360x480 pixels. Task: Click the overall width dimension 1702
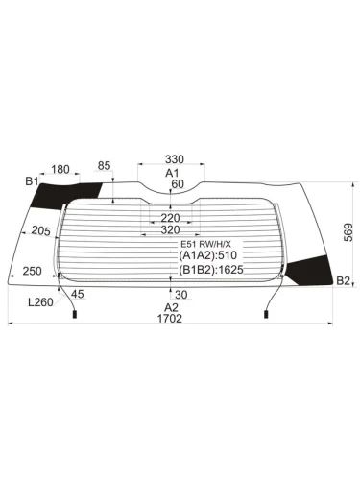click(173, 321)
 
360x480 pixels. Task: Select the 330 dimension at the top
click(173, 159)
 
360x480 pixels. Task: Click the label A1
click(173, 173)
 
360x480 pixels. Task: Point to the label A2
click(172, 307)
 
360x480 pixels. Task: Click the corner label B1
click(31, 180)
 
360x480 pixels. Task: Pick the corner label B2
click(343, 280)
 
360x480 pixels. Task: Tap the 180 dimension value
click(60, 170)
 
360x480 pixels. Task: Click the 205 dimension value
click(39, 230)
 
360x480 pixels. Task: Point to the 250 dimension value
click(32, 272)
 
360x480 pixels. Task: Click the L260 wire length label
click(40, 303)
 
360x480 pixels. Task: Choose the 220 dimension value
click(170, 217)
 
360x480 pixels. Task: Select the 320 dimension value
click(170, 230)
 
